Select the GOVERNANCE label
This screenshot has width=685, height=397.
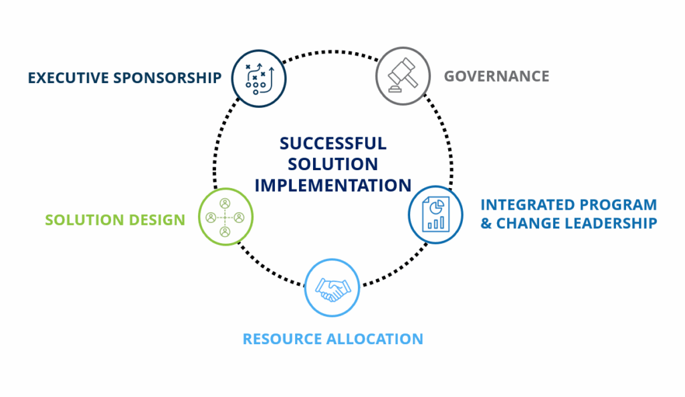(x=496, y=76)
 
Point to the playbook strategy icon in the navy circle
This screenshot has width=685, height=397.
(x=259, y=78)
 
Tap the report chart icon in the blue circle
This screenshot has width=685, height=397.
(x=435, y=214)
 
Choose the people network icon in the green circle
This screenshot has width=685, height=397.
(x=225, y=217)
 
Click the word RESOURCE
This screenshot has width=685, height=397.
(x=282, y=339)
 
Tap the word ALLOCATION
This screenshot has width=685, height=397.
(x=374, y=339)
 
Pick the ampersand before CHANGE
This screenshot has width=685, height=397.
(x=486, y=224)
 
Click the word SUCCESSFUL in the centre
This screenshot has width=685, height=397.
(x=332, y=143)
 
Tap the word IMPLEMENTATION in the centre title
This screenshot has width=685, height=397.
(x=332, y=185)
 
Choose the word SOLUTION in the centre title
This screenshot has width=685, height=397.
(x=332, y=164)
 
